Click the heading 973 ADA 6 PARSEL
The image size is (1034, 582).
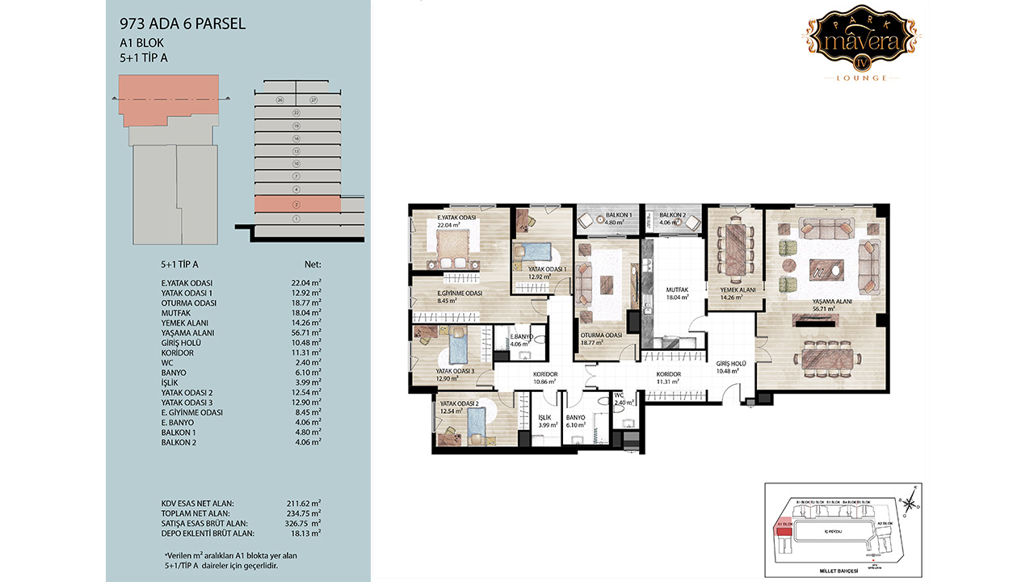click(x=182, y=24)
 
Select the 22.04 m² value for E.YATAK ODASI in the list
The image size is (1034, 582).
click(x=305, y=283)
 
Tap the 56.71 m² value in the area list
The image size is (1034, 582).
click(x=305, y=333)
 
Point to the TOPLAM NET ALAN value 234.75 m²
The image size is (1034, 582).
click(x=305, y=513)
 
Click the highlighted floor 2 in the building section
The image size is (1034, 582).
click(x=296, y=205)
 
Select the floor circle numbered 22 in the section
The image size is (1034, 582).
click(x=296, y=113)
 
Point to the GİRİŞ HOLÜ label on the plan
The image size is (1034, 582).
click(x=730, y=364)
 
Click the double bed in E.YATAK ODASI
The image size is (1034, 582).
click(x=452, y=247)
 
